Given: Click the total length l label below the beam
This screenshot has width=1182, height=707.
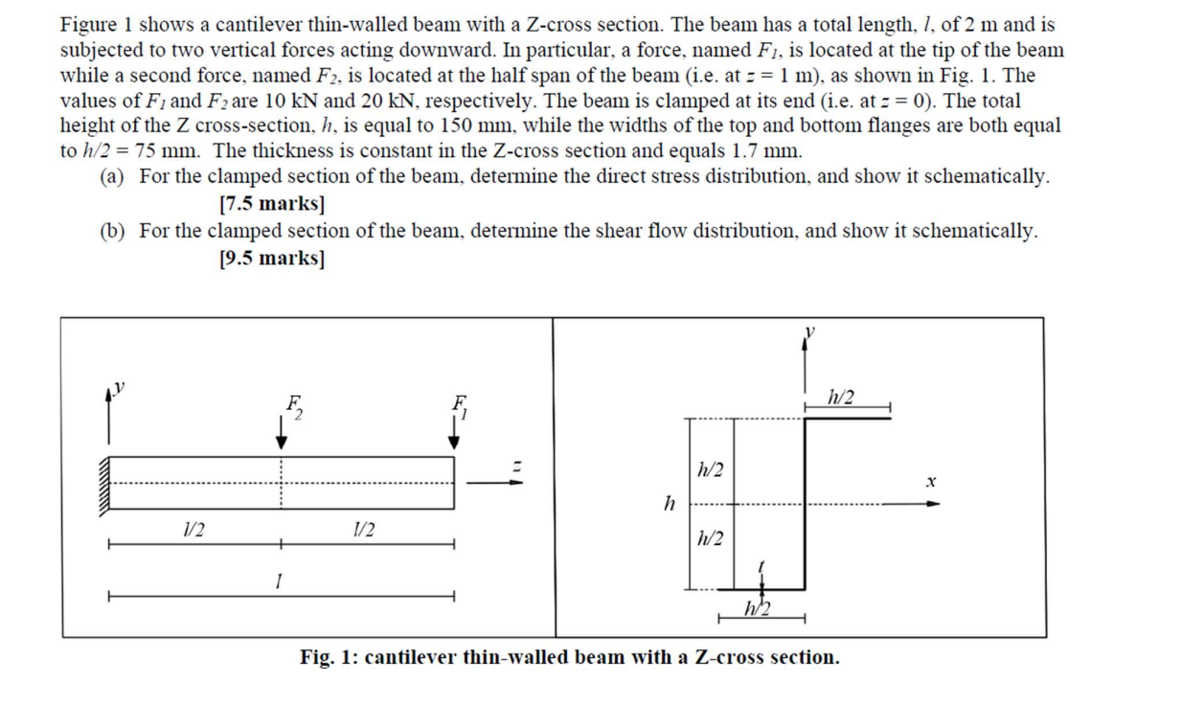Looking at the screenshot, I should [x=278, y=581].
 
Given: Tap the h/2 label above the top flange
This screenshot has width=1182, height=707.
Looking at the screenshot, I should [x=844, y=398].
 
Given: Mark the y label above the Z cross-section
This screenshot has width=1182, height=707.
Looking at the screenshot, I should [x=810, y=331].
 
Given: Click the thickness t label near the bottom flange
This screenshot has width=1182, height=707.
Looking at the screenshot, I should [x=760, y=567].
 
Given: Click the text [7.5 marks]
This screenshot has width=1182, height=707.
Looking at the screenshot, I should [x=271, y=203].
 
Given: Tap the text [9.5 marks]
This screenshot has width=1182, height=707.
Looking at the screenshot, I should [x=271, y=257].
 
